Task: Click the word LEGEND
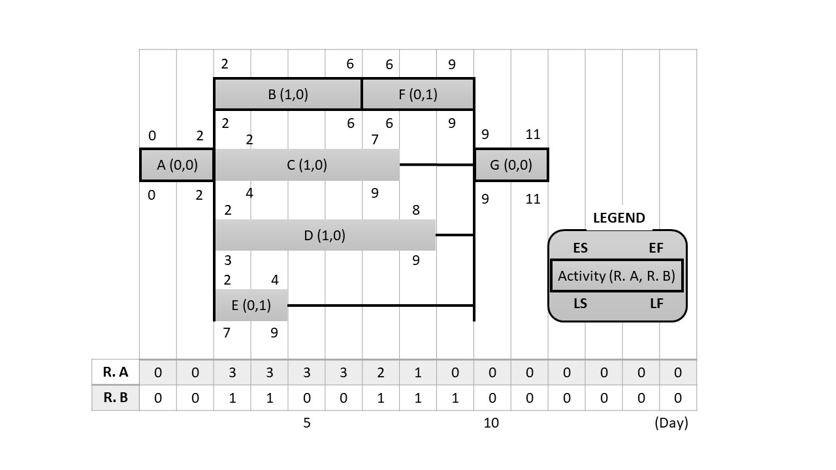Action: coord(619,218)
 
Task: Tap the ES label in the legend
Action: coord(580,249)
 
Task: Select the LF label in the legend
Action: coord(656,304)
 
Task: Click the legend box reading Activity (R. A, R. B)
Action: coord(617,276)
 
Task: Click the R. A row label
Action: coord(116,373)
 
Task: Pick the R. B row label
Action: coord(116,398)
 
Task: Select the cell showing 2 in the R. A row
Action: coord(381,373)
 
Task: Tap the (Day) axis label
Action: coord(671,423)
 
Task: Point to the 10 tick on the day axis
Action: coord(491,423)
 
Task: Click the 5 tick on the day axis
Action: coord(306,423)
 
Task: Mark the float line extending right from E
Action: coord(380,305)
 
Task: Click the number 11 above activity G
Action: coord(533,135)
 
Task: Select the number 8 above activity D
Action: coord(416,210)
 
